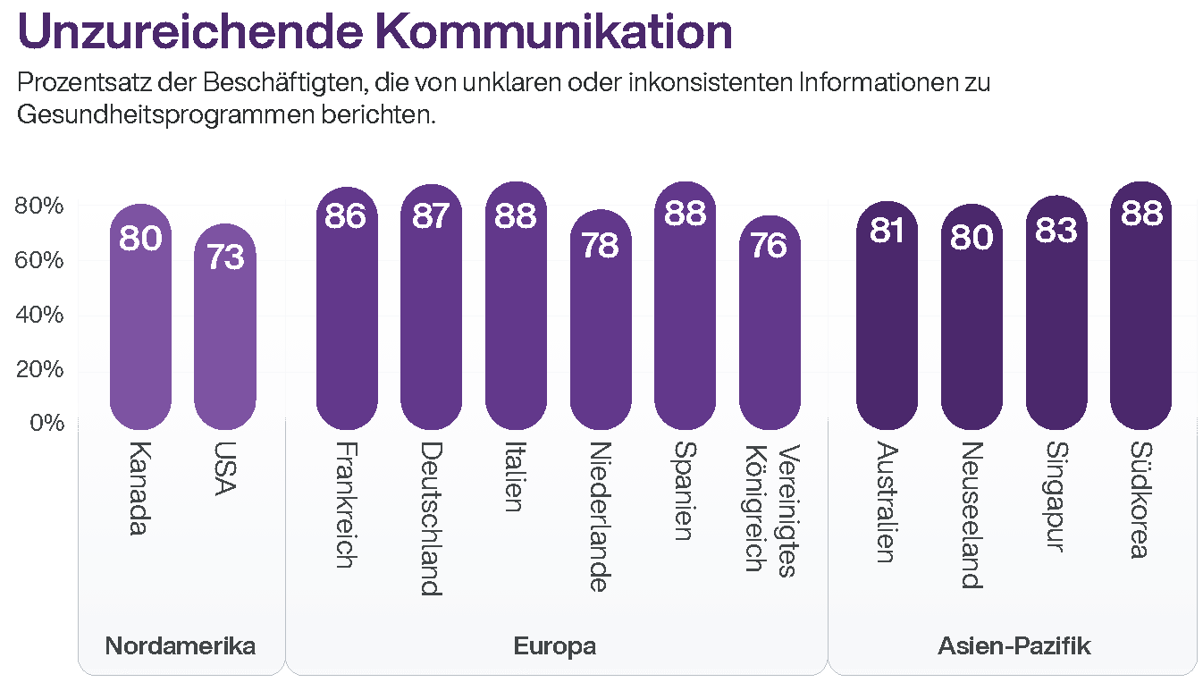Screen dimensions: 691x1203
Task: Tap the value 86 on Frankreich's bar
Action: coord(345,217)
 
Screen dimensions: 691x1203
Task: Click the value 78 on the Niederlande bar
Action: coord(601,244)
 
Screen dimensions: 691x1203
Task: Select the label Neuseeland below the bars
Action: coord(972,515)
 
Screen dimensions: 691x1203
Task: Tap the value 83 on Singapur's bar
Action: coord(1056,230)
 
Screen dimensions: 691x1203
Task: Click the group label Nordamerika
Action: coord(181,646)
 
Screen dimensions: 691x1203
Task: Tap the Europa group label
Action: coord(555,646)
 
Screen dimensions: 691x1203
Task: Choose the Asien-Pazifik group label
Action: coord(1014,646)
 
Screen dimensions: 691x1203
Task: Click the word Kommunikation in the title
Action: coord(548,32)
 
